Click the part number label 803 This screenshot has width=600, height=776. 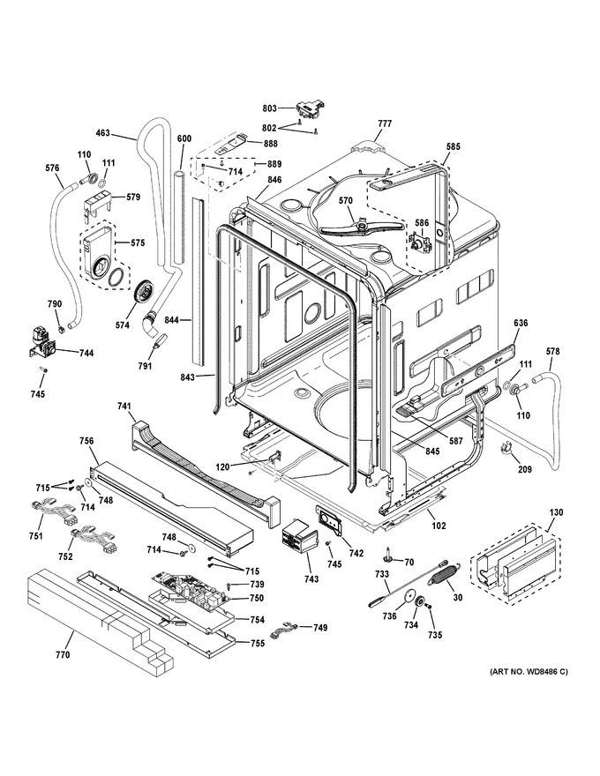[x=270, y=107]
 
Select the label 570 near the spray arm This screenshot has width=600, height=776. [x=346, y=200]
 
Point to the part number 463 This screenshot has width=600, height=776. [x=102, y=133]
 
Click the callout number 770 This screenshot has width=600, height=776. [x=63, y=654]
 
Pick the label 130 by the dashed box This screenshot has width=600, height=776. [x=556, y=512]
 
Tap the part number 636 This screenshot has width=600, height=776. [x=521, y=323]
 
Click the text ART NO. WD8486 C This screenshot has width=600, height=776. [x=529, y=672]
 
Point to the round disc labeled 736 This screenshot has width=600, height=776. [x=409, y=596]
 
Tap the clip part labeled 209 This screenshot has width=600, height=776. [x=507, y=447]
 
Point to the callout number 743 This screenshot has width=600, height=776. [x=311, y=579]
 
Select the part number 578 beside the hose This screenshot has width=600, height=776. [x=552, y=351]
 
